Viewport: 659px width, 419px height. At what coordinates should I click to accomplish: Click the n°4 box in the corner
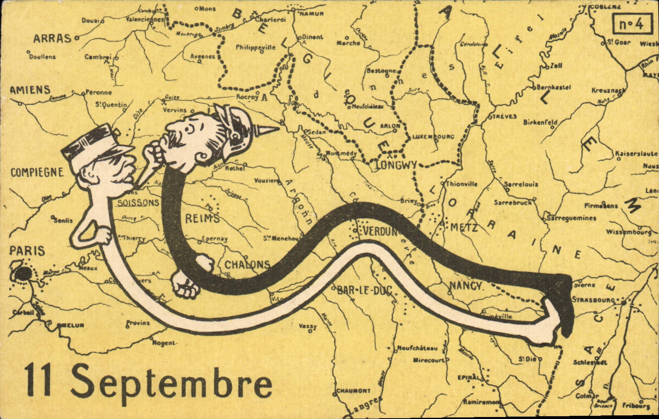coord(631,24)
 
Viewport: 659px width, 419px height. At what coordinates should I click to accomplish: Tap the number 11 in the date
coord(38,381)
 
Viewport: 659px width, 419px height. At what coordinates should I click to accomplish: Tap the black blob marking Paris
coord(24,274)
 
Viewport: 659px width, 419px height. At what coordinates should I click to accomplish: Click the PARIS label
coord(27,251)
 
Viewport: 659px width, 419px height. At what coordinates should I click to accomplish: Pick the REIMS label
coord(202,218)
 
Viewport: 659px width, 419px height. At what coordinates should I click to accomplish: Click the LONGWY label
coord(396,165)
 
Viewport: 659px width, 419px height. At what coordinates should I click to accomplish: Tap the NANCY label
coord(466,286)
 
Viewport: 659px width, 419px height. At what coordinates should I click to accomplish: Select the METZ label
coord(464,228)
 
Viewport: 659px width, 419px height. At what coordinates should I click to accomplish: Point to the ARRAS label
coord(52,39)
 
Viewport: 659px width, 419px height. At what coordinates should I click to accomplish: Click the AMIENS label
coord(30,90)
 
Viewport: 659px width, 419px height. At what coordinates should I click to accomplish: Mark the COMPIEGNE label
coord(37,173)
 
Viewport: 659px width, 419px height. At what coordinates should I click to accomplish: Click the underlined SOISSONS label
coord(138,203)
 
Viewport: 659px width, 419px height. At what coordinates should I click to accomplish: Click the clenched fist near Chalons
coord(185,284)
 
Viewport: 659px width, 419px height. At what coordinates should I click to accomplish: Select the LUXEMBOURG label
coord(433,137)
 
